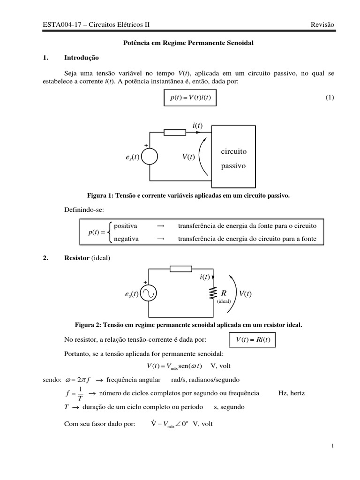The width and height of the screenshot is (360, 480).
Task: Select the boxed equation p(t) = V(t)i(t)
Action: (187, 97)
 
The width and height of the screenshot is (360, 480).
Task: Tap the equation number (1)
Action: (330, 97)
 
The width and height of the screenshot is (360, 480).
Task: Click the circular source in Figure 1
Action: (150, 157)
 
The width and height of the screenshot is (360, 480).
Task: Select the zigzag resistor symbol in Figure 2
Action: (213, 293)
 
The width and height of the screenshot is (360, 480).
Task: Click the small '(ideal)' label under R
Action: (224, 301)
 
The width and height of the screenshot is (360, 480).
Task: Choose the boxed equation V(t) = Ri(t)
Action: (253, 340)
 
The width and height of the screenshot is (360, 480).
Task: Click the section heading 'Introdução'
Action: (82, 58)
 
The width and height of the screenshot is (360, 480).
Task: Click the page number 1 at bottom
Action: (332, 446)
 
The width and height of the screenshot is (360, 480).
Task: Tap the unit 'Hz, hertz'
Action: (291, 393)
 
